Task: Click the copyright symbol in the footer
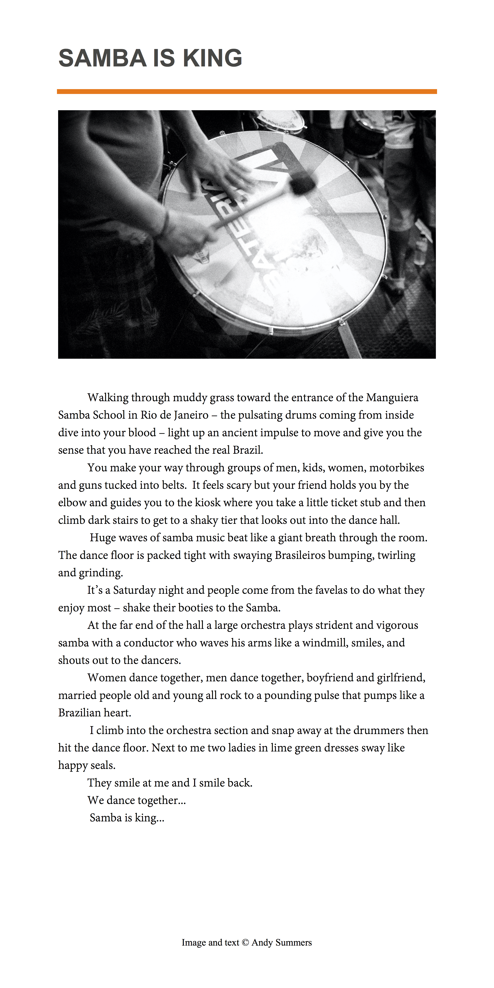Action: [x=245, y=943]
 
